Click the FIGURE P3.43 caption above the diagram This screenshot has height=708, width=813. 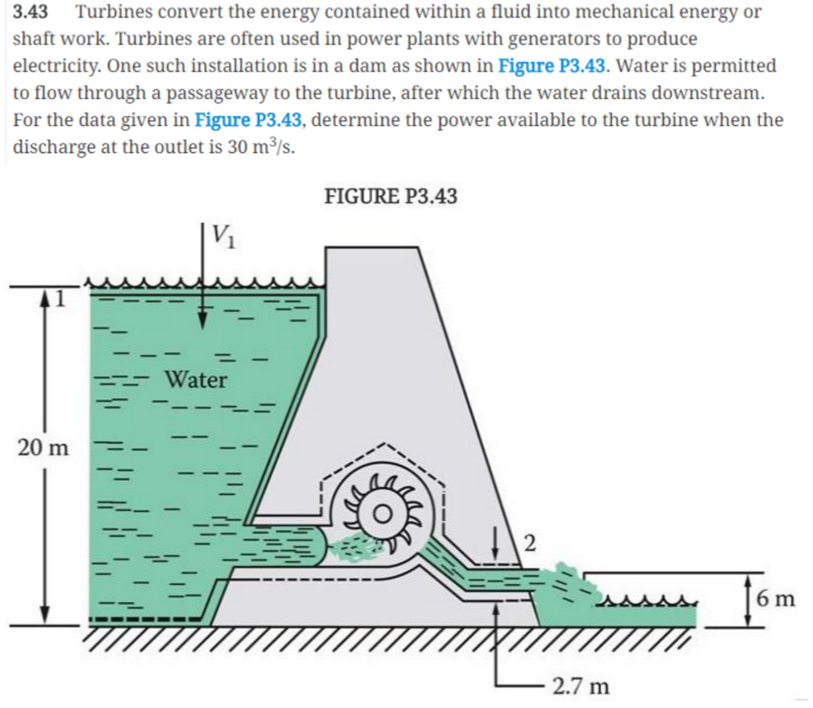pyautogui.click(x=390, y=196)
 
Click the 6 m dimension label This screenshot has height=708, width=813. pyautogui.click(x=774, y=597)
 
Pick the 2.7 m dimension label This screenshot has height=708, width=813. pyautogui.click(x=580, y=687)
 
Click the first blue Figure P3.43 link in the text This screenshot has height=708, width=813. pyautogui.click(x=550, y=66)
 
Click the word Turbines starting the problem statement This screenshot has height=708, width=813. pyautogui.click(x=112, y=13)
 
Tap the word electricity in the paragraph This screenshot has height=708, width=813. pyautogui.click(x=55, y=66)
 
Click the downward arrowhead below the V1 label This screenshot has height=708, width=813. pyautogui.click(x=206, y=315)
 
